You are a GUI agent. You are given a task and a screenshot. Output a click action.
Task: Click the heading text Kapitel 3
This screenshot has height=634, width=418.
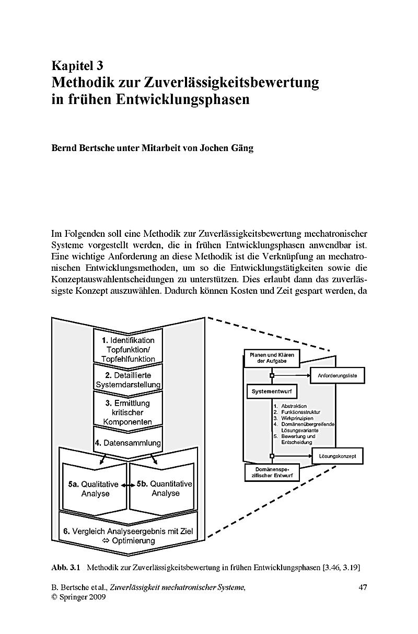77,66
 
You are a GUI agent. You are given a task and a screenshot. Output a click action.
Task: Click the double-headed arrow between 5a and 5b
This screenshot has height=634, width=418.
128,485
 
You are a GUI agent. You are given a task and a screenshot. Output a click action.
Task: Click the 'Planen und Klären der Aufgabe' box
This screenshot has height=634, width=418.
272,358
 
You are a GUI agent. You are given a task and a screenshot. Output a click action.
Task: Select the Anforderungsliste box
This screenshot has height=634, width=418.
338,376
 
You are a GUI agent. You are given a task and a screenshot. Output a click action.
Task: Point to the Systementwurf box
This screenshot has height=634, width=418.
271,391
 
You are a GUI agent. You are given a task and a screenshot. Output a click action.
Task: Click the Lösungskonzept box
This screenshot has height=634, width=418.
338,456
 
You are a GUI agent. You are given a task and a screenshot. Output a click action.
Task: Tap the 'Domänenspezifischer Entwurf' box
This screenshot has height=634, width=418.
272,472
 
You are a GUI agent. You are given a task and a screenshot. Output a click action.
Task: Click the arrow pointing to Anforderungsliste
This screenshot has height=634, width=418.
292,376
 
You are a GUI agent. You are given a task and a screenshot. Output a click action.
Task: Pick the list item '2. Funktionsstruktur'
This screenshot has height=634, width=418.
297,412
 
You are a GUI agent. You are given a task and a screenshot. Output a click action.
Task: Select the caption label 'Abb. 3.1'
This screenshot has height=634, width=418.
66,568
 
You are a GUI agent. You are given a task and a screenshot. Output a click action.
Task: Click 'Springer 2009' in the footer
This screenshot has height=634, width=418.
83,597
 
